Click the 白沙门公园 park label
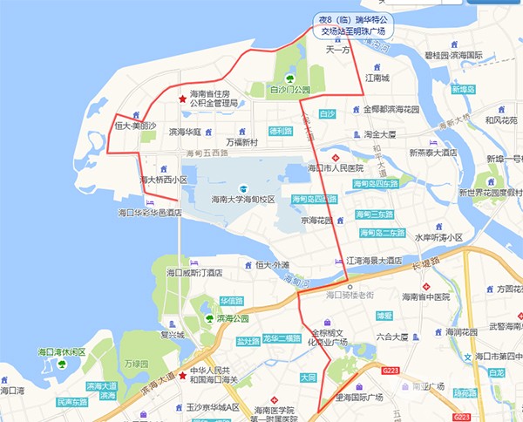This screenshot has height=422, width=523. [x=289, y=90]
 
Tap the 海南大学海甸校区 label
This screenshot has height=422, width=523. [x=243, y=200]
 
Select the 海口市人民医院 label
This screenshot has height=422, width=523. [x=335, y=167]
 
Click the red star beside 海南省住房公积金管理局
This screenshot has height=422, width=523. [x=181, y=99]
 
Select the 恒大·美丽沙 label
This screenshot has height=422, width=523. [x=135, y=126]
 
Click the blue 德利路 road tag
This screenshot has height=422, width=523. [x=280, y=131]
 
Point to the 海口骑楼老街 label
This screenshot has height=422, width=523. [x=349, y=296]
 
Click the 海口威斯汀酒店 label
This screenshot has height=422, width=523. [x=194, y=273]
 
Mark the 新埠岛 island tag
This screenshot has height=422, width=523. [x=469, y=90]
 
